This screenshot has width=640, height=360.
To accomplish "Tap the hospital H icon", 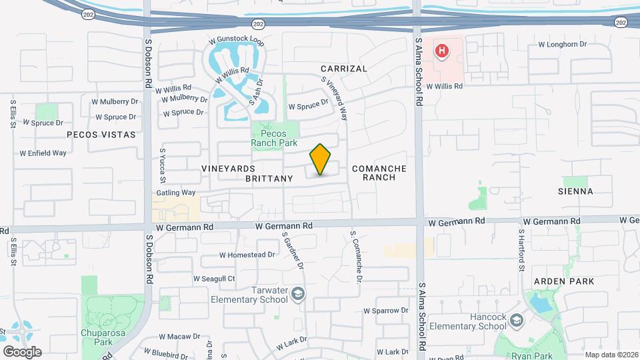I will coord(441,50).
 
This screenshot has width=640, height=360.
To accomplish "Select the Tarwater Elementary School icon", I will coord(298,294).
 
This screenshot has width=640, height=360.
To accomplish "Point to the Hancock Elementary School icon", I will coord(516,322).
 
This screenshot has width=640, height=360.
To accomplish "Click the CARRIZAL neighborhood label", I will coord(343,69).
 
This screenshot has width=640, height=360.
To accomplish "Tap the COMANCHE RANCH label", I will coord(379,173).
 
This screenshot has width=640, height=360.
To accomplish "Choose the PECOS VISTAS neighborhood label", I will coord(101,135).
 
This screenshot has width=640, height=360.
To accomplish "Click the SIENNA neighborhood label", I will coord(575,191).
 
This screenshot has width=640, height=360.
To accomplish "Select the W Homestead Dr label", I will coord(247,255).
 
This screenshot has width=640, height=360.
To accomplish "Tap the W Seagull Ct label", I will coord(214,279).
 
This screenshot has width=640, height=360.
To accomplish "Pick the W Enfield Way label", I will coord(43,153).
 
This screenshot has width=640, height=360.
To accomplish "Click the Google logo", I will coord(22,351).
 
